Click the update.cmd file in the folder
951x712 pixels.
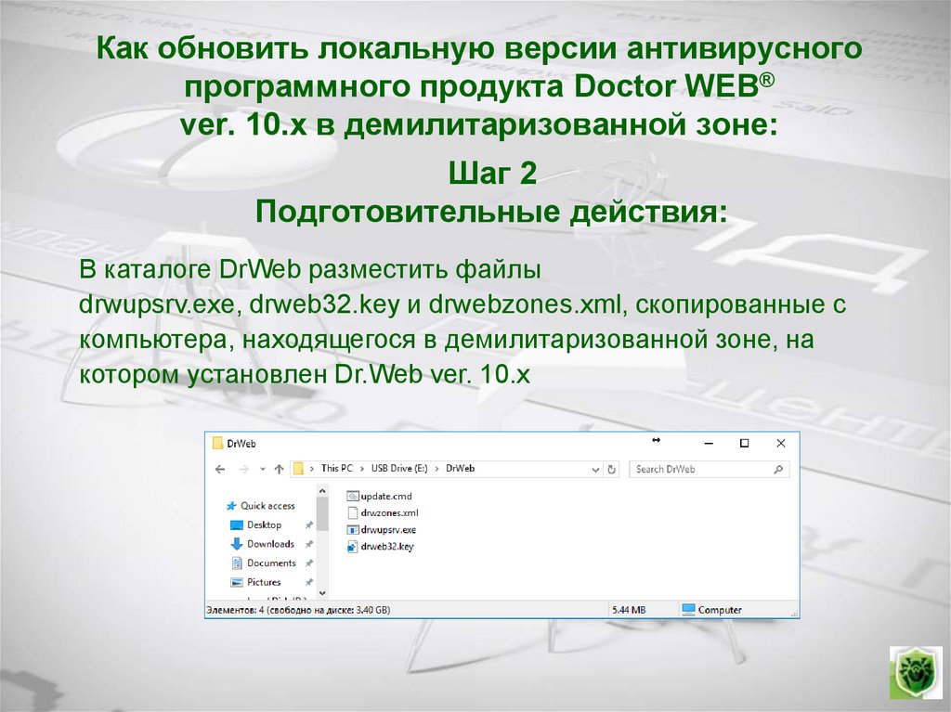point(385,497)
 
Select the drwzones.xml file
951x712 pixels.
point(389,512)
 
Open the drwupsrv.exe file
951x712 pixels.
point(388,529)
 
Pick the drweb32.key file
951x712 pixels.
point(387,547)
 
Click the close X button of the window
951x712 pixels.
point(781,444)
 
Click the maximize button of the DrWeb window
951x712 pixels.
point(744,444)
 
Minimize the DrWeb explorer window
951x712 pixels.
point(708,444)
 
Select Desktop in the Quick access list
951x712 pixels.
point(264,525)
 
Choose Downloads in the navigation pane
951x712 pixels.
point(270,544)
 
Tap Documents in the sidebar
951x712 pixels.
point(271,563)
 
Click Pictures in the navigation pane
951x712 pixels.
point(264,582)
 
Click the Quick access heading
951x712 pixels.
point(267,506)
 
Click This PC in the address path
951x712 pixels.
point(330,469)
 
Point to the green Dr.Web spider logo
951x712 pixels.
point(915,672)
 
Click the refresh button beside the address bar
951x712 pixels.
point(611,470)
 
